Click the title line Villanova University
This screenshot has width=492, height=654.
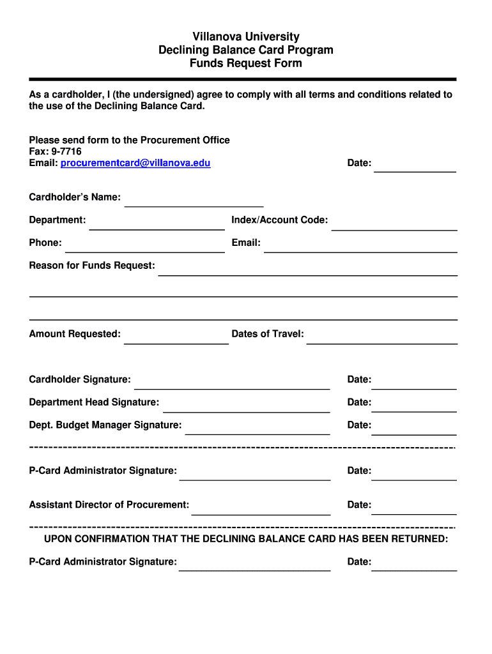tap(246, 36)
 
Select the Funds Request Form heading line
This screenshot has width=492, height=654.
tap(246, 63)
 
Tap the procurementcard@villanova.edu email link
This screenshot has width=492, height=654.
tap(135, 163)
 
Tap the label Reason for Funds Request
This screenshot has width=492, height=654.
tap(92, 265)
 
